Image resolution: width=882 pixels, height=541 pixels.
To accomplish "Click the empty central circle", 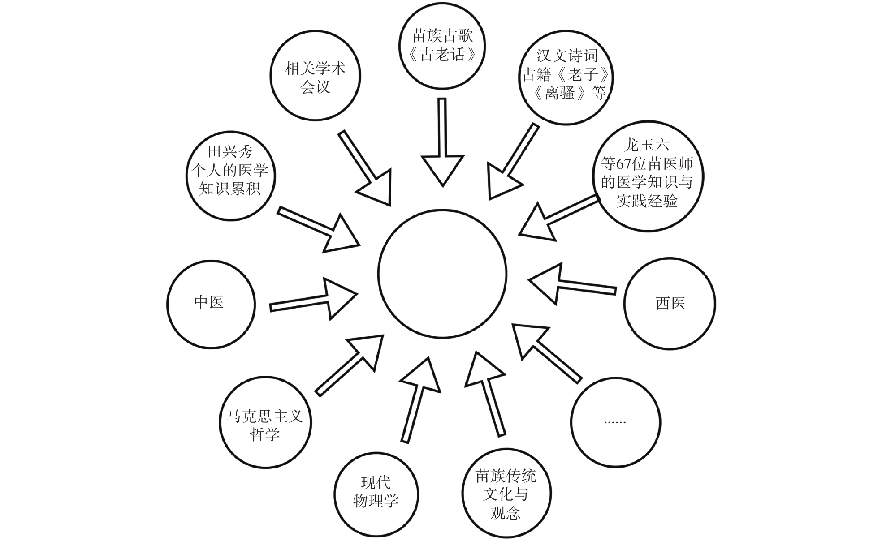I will pyautogui.click(x=442, y=273).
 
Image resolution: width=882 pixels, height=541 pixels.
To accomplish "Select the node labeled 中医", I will pyautogui.click(x=211, y=305).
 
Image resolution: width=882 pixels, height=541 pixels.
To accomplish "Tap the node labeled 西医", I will pyautogui.click(x=670, y=304).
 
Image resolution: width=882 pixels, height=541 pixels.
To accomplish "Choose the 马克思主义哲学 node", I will pyautogui.click(x=265, y=423).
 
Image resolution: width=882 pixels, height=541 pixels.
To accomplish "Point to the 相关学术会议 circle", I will pyautogui.click(x=315, y=75).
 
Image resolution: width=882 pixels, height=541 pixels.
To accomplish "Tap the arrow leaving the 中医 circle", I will pyautogui.click(x=314, y=300).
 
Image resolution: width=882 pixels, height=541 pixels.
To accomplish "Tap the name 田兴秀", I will pyautogui.click(x=230, y=151).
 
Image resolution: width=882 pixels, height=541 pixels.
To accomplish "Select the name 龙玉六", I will pyautogui.click(x=646, y=145).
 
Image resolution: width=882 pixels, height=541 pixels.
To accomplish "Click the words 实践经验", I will pyautogui.click(x=646, y=201).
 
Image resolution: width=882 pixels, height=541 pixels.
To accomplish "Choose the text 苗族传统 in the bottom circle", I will pyautogui.click(x=506, y=476).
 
